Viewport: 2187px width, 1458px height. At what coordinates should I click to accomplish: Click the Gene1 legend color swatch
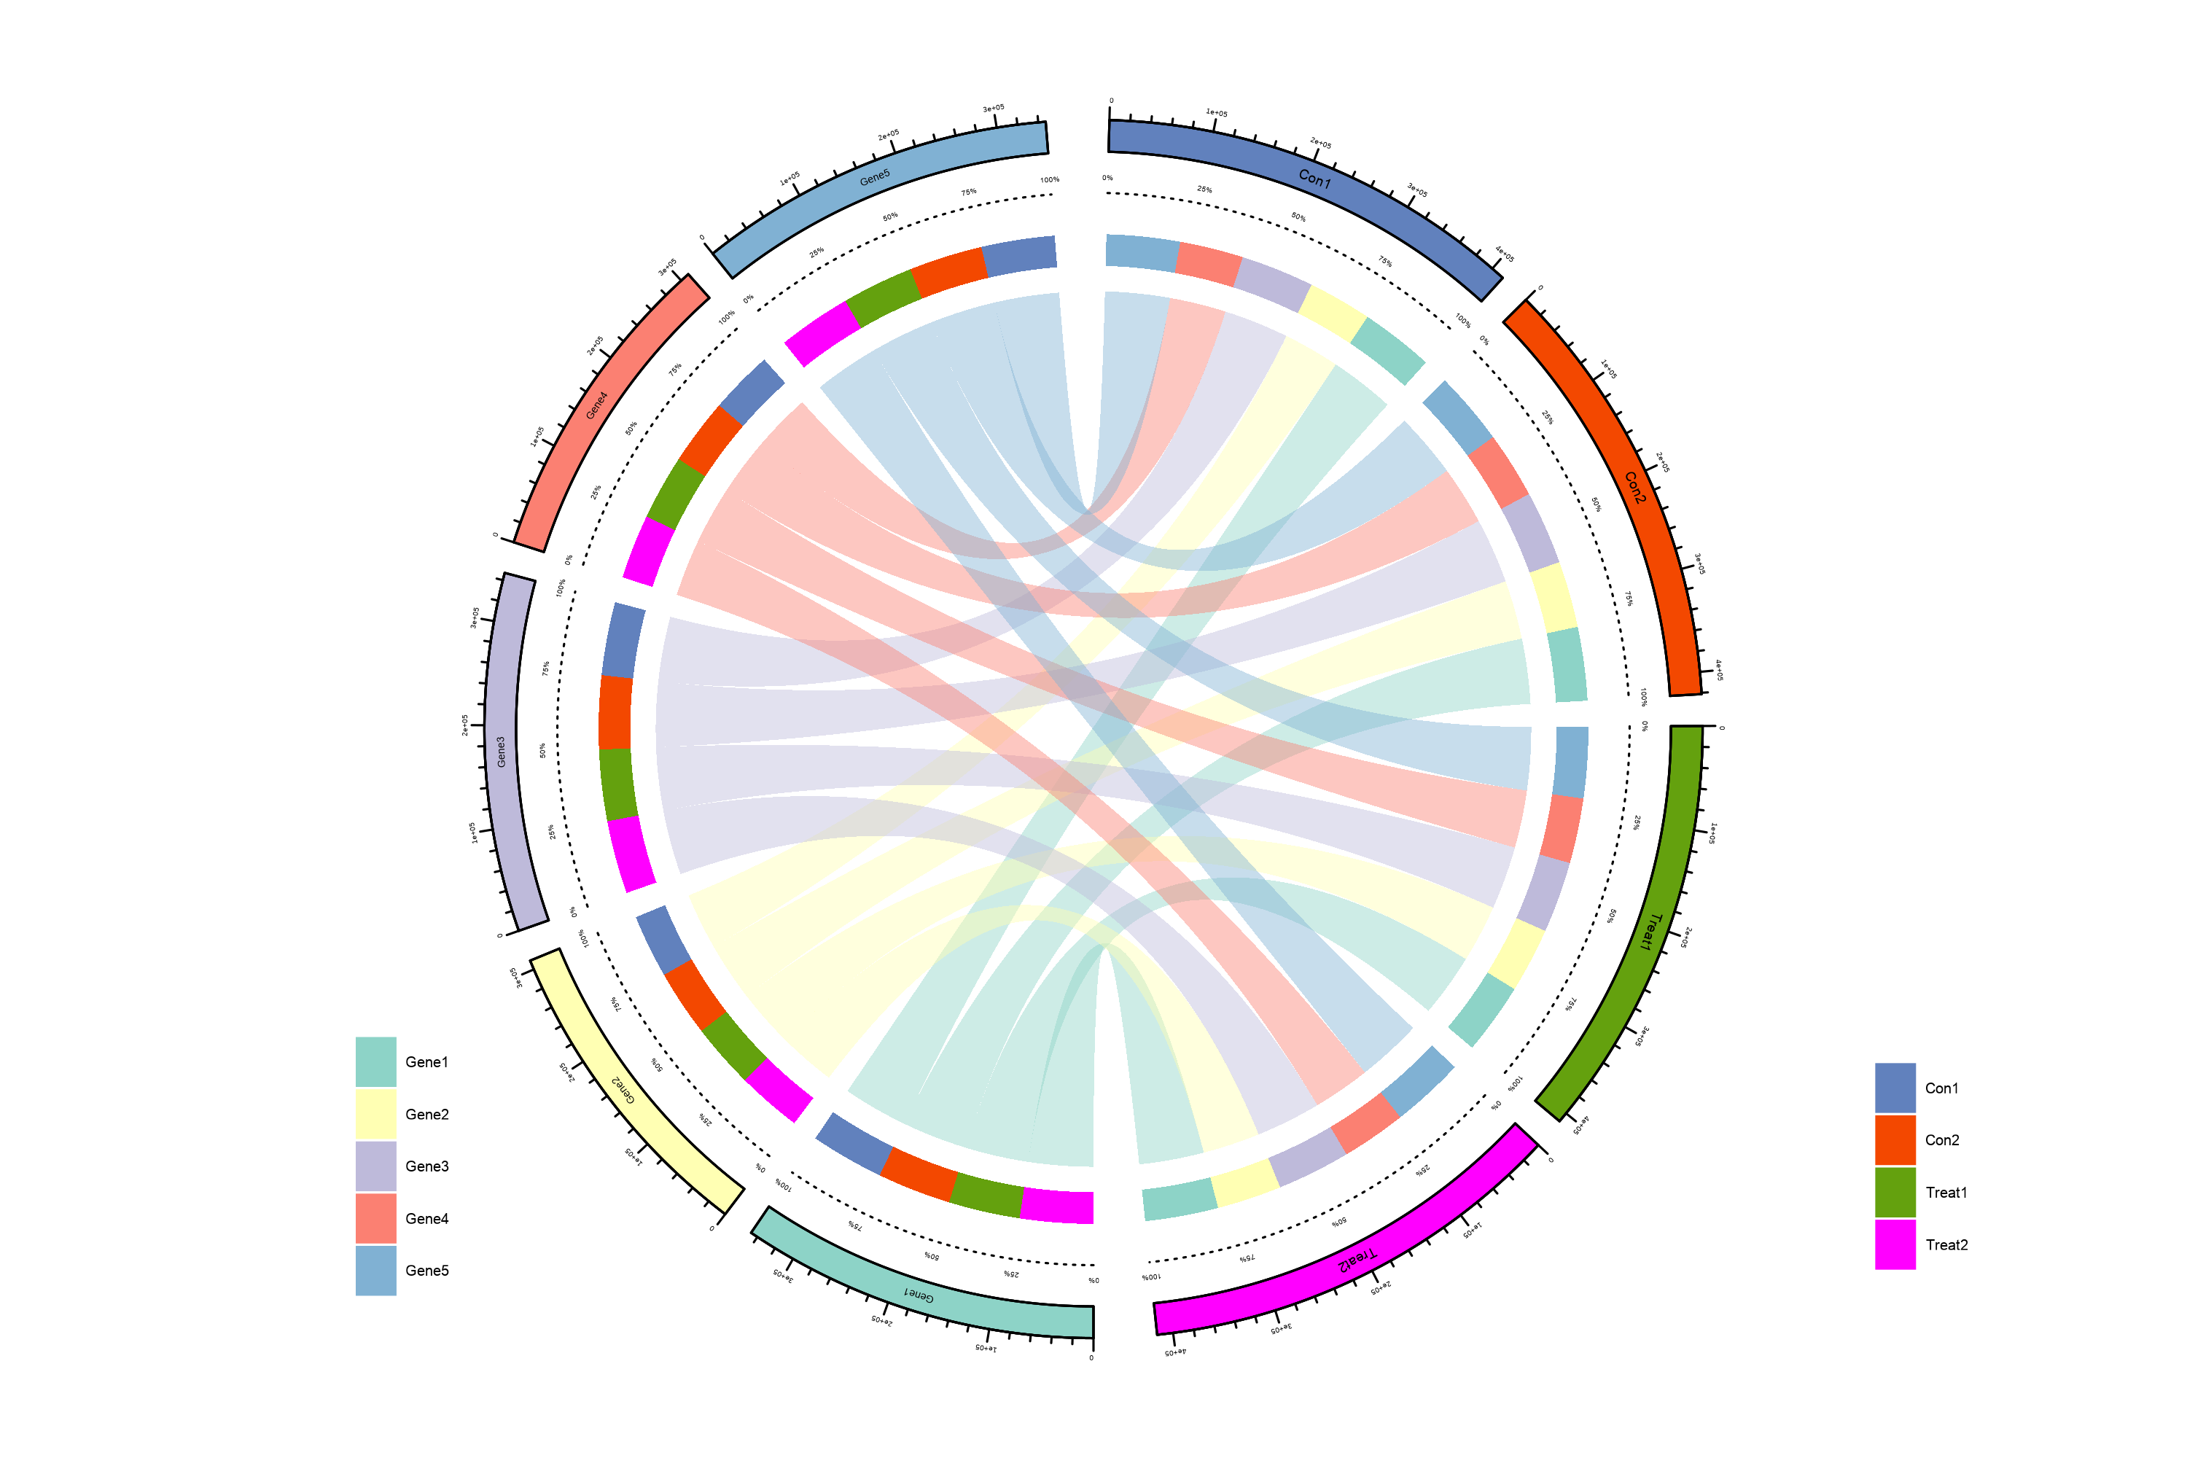pyautogui.click(x=375, y=1062)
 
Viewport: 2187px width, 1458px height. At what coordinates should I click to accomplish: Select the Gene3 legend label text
pyautogui.click(x=426, y=1166)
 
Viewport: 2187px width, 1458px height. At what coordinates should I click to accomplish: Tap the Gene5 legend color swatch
pyautogui.click(x=375, y=1270)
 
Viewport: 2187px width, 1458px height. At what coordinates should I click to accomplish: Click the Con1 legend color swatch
pyautogui.click(x=1895, y=1088)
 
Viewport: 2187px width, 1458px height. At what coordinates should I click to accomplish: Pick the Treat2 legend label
pyautogui.click(x=1946, y=1245)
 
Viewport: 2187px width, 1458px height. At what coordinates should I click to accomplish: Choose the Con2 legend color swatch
pyautogui.click(x=1895, y=1140)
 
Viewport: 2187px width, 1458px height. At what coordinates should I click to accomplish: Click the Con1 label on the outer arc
pyautogui.click(x=1314, y=179)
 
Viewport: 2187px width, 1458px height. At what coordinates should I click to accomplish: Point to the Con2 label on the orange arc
pyautogui.click(x=1634, y=487)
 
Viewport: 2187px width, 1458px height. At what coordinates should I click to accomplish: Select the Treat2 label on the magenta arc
pyautogui.click(x=1356, y=1260)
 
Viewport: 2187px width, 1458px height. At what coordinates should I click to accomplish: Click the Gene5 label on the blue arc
pyautogui.click(x=874, y=176)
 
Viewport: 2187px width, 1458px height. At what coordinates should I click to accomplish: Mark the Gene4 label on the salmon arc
pyautogui.click(x=597, y=405)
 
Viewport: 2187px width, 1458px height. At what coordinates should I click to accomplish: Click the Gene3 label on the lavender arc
pyautogui.click(x=502, y=752)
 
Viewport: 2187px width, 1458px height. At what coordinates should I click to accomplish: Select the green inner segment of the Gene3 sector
pyautogui.click(x=617, y=784)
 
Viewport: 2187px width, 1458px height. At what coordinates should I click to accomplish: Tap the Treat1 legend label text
pyautogui.click(x=1946, y=1192)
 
